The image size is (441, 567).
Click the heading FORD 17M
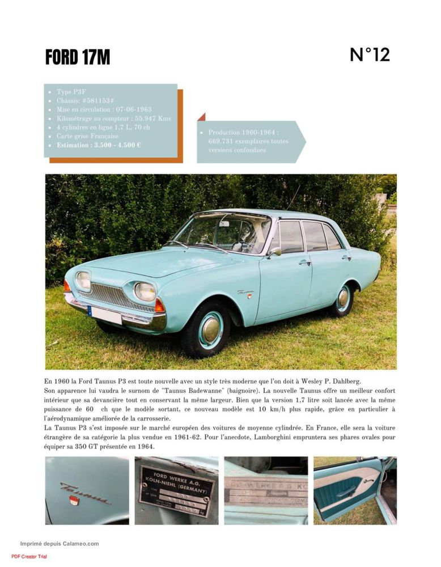pos(78,57)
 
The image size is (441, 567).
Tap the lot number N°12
pos(370,55)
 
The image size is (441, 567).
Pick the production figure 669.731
pos(223,141)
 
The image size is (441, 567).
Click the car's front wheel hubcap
pos(210,329)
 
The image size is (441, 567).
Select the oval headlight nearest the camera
pos(145,291)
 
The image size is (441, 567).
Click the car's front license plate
pos(106,315)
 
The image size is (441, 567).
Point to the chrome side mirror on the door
pos(275,253)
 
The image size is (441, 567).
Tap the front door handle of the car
pos(305,262)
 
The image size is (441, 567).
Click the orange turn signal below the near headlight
pos(160,306)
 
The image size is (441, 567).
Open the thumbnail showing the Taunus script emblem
pos(87,490)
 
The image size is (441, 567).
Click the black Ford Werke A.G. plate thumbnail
pos(176,490)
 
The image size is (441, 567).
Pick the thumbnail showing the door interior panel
pos(354,490)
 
